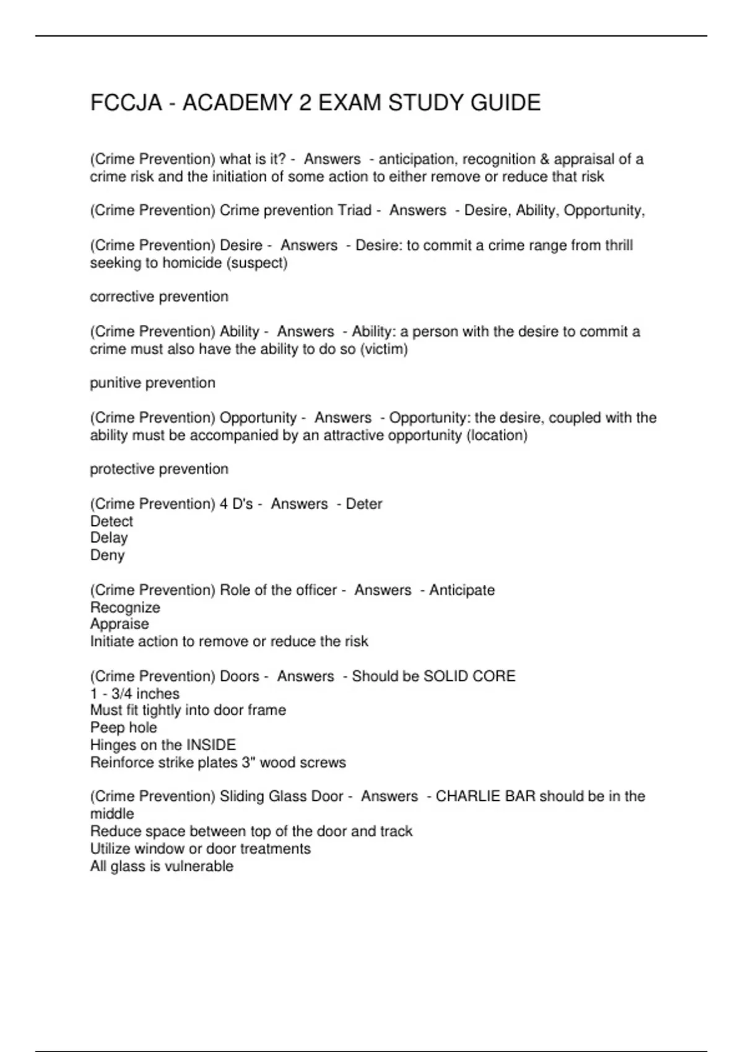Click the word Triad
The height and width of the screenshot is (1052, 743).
point(354,210)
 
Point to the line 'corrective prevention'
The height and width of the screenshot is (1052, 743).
point(159,297)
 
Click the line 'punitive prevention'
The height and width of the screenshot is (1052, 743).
point(152,383)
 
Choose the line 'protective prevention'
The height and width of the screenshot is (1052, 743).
point(159,469)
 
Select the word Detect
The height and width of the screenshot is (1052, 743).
point(111,521)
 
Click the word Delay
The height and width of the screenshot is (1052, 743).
point(109,538)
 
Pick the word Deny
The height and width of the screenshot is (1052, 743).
point(108,555)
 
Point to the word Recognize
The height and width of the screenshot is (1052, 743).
point(125,607)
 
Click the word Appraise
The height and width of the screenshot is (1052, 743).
point(119,624)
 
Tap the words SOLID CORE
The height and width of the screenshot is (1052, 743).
point(469,676)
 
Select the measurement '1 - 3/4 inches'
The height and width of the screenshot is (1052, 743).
point(135,694)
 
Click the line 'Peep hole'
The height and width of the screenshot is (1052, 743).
point(123,728)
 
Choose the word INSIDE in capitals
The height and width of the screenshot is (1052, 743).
point(211,744)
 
